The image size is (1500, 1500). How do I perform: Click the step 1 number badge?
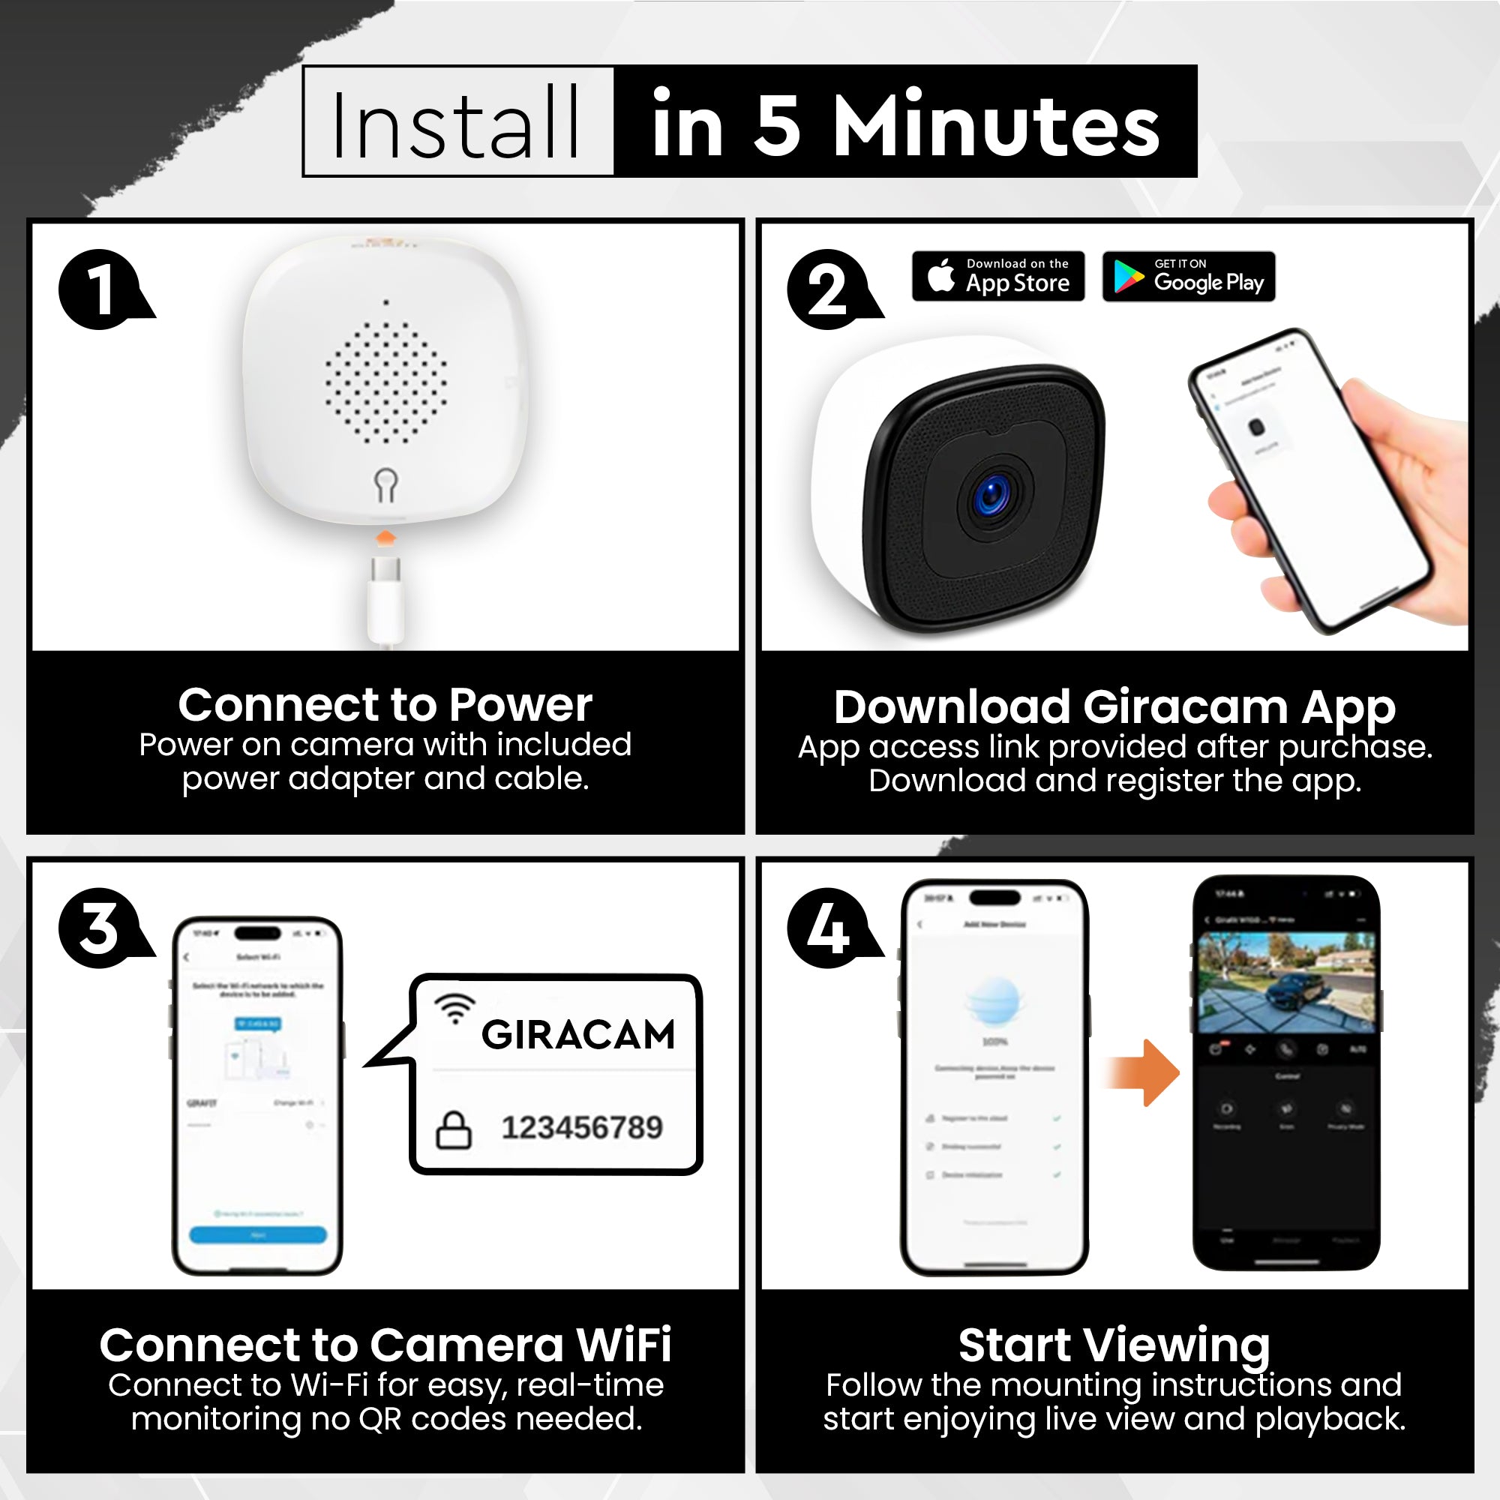click(100, 289)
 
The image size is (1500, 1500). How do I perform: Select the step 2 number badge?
click(828, 289)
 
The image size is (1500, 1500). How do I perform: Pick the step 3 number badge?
click(100, 928)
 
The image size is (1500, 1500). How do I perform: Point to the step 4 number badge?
click(828, 928)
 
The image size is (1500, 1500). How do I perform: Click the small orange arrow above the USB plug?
click(385, 537)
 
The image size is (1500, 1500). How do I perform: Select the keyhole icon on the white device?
click(385, 484)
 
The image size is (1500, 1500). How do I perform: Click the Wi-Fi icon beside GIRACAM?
click(454, 1008)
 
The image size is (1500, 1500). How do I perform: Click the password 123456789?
click(581, 1127)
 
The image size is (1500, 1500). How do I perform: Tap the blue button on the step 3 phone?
click(258, 1234)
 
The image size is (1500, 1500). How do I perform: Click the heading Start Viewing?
click(1114, 1345)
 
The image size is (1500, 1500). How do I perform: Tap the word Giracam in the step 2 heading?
click(1186, 706)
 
